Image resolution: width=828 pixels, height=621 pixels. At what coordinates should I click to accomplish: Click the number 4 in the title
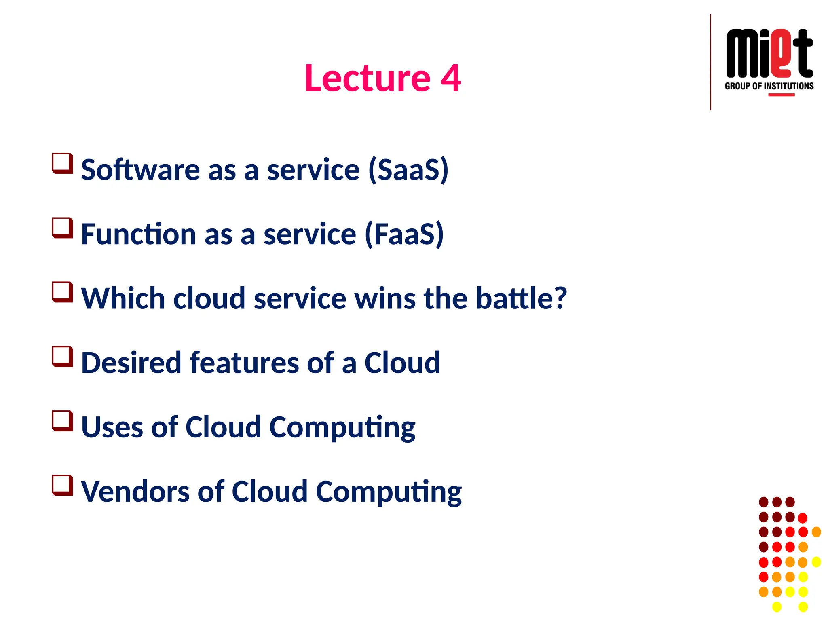click(x=451, y=78)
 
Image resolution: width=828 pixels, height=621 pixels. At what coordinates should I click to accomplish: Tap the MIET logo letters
click(x=769, y=53)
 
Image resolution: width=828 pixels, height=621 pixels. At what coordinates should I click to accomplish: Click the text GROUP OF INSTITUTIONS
click(x=769, y=86)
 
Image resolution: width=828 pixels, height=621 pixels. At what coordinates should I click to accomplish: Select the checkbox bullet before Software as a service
click(x=62, y=163)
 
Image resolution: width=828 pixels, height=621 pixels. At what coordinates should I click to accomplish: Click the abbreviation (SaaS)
click(x=408, y=170)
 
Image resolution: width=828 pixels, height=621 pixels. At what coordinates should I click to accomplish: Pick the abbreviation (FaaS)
click(x=404, y=234)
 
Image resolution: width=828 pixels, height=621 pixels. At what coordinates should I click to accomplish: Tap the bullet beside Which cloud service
click(x=62, y=292)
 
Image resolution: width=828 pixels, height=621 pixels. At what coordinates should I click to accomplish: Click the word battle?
click(x=521, y=298)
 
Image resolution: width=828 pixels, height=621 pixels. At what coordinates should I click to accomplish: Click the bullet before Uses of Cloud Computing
click(x=62, y=421)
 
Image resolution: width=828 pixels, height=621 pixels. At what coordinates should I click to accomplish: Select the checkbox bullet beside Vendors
click(x=62, y=485)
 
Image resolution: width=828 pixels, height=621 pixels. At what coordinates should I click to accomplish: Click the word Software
click(x=140, y=170)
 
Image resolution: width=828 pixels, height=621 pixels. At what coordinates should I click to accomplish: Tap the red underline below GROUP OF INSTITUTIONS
click(x=781, y=95)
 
